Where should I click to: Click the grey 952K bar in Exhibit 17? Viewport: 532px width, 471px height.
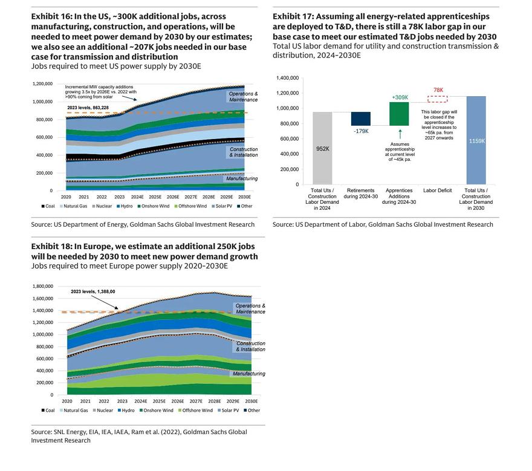pos(322,148)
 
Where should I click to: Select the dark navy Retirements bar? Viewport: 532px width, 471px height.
pos(361,119)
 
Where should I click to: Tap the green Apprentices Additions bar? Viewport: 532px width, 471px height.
pos(399,114)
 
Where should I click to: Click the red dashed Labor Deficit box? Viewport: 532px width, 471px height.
pos(438,99)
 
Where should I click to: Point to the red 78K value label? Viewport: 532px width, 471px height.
pos(438,90)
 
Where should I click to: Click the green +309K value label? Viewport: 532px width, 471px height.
pos(399,97)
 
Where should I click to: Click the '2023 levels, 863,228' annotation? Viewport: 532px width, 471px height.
pos(88,108)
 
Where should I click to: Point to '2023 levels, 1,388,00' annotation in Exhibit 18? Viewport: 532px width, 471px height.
pos(92,291)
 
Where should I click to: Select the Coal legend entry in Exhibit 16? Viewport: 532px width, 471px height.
pos(50,206)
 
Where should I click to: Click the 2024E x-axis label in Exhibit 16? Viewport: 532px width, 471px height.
pos(137,197)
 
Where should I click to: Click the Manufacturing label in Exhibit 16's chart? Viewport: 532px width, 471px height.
pos(241,178)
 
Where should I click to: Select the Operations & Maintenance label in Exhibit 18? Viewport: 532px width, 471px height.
pos(250,308)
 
